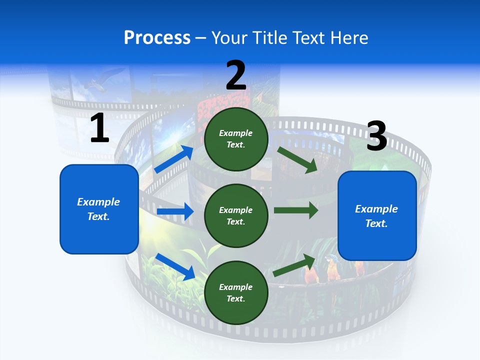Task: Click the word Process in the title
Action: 157,37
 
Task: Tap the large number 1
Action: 99,128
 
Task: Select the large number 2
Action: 236,75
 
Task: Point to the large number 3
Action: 376,136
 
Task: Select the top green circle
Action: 236,139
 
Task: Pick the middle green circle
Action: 236,215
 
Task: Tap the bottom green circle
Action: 236,292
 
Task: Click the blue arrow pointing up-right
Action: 173,159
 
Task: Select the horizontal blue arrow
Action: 175,211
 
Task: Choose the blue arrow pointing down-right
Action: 175,266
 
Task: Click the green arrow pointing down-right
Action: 298,159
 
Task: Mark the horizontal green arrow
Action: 296,210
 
